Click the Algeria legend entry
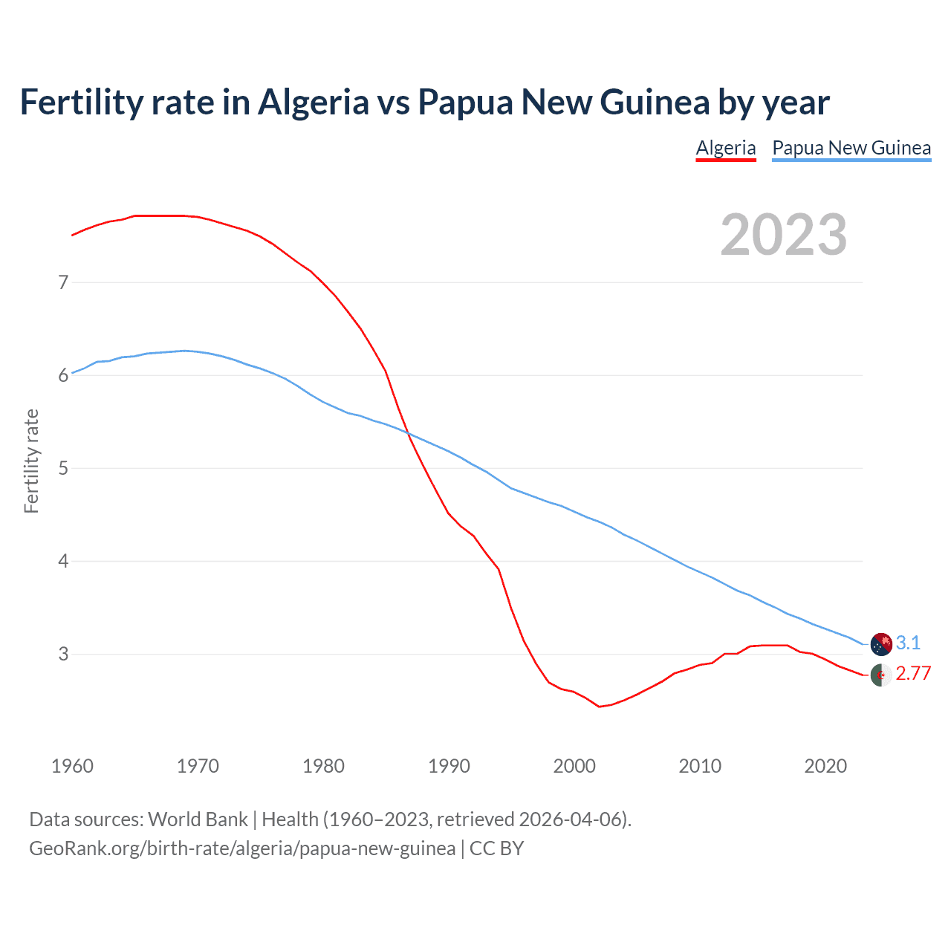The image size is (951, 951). click(725, 148)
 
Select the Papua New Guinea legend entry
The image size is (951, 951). click(851, 148)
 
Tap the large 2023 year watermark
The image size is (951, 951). click(784, 236)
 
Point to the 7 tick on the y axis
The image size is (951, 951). click(63, 282)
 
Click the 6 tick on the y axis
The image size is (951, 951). click(63, 375)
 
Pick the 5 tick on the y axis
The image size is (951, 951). click(63, 468)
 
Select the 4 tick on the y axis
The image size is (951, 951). click(63, 561)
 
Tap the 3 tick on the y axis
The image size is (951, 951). click(63, 654)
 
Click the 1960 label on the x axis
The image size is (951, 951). click(72, 766)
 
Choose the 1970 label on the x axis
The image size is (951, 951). click(198, 766)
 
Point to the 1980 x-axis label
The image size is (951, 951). click(323, 766)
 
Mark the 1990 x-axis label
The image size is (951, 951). click(449, 766)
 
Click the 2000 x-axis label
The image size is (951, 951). click(574, 766)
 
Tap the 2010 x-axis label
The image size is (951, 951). click(700, 766)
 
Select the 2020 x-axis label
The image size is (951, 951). click(825, 766)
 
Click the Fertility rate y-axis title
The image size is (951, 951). click(31, 461)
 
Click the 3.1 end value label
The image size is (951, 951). click(908, 643)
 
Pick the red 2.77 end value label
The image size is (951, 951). click(913, 674)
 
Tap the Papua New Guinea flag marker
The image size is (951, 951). click(881, 644)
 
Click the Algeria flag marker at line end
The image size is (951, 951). click(881, 676)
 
